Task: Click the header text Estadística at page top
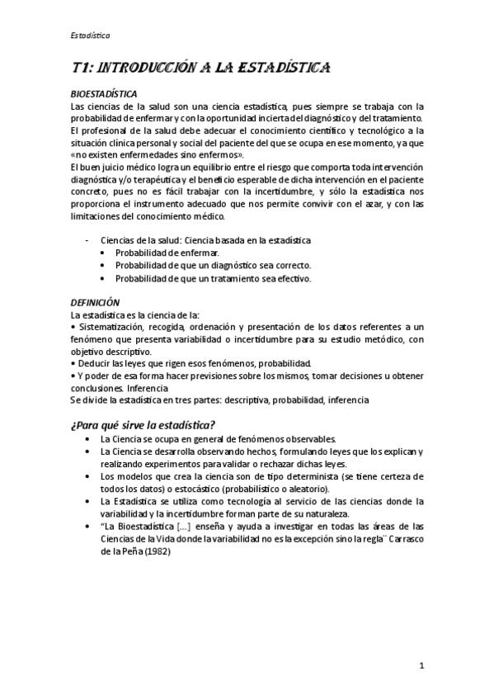coord(90,35)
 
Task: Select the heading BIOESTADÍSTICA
coord(104,94)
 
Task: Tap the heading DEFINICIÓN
coord(95,303)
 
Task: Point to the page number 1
coord(421,664)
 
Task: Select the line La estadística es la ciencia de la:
coord(129,315)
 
